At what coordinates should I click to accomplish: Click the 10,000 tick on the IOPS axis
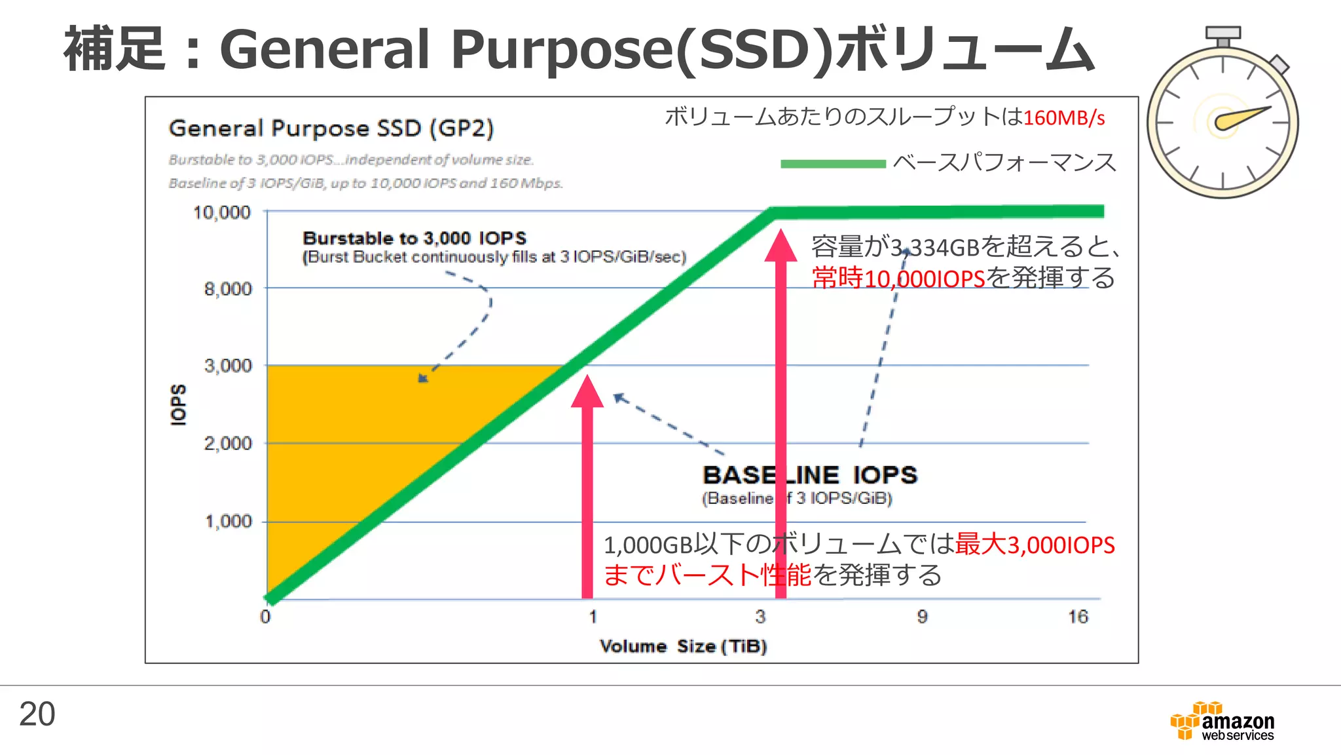[222, 212]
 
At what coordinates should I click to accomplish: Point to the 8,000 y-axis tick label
[228, 289]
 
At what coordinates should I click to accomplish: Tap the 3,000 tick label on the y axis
[228, 366]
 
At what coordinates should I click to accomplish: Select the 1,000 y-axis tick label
[229, 522]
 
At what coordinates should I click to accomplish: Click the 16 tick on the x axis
[1078, 617]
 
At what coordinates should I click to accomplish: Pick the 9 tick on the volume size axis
[922, 617]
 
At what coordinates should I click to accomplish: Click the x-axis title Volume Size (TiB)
[683, 647]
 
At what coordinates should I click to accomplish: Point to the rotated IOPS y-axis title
[178, 404]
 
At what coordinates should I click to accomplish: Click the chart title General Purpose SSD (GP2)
[331, 128]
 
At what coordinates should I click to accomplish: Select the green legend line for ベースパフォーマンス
[832, 164]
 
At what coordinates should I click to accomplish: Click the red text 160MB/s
[1064, 118]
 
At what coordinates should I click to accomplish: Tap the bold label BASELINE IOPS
[810, 475]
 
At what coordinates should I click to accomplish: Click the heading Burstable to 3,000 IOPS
[414, 238]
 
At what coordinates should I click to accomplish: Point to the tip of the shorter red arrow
[587, 377]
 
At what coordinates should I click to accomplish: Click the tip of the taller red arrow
[781, 231]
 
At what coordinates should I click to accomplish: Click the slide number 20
[37, 714]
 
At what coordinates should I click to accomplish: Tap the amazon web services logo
[1222, 722]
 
